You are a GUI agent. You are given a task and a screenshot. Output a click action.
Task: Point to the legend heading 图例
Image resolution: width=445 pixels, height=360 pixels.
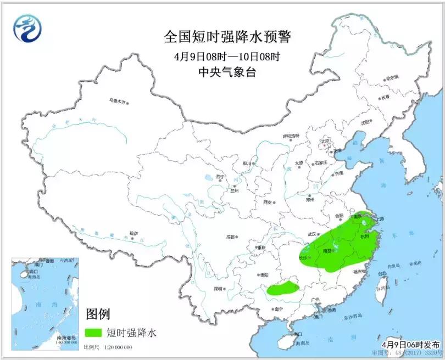coord(98,314)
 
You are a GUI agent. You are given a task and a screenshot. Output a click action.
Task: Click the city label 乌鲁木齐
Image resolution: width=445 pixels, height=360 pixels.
coord(117,101)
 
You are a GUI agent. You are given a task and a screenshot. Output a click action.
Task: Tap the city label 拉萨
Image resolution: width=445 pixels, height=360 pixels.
coord(133,233)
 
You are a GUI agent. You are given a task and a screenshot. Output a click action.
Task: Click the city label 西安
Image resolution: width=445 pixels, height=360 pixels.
coord(268,203)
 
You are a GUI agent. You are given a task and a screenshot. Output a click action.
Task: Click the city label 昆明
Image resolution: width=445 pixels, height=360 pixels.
coord(220,288)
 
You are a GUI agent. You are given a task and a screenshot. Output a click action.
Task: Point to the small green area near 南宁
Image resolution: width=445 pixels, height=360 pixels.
coord(283,289)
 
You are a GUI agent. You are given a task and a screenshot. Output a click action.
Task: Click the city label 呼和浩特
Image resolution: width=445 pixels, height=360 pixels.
coord(291,136)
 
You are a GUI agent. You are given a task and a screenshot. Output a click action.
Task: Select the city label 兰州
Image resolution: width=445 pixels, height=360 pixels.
coord(235,191)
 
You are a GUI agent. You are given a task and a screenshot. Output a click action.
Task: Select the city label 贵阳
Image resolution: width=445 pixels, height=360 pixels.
coord(264,274)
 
